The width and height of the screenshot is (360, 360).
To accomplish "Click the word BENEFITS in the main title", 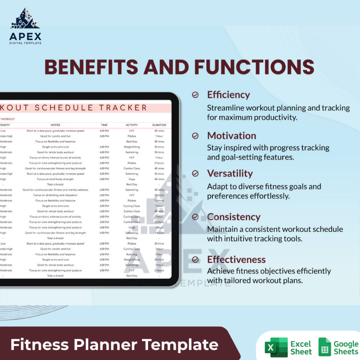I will [x=91, y=67].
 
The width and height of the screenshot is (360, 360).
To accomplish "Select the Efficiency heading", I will [x=229, y=95].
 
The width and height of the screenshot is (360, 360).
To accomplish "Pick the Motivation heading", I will [x=231, y=136].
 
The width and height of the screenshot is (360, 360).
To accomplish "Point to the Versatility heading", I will [x=230, y=173].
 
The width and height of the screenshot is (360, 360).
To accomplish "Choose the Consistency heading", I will [x=234, y=217].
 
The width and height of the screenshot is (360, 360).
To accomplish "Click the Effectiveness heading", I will [x=236, y=259].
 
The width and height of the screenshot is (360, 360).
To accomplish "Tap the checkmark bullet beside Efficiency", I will [x=195, y=95].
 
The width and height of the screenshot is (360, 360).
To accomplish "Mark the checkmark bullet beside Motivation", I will [x=195, y=136].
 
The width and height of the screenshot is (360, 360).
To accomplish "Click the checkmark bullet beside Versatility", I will [x=195, y=173].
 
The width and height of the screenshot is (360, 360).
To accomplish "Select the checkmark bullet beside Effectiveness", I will [x=195, y=259].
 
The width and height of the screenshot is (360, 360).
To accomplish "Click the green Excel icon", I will [x=276, y=347].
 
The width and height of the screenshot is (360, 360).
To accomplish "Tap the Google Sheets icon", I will [x=324, y=347].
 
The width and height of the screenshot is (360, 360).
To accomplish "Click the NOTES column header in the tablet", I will [x=56, y=125].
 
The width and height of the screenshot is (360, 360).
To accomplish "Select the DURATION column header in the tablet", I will [x=159, y=125].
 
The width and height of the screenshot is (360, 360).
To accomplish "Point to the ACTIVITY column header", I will [x=132, y=125].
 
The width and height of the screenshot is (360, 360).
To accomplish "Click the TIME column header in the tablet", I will [x=104, y=125].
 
